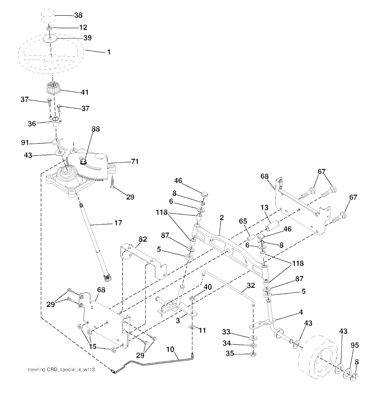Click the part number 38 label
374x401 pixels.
point(78,15)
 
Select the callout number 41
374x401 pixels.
point(85,92)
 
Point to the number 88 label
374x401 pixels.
point(96,129)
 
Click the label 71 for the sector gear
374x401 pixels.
point(135,161)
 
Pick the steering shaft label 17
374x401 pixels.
point(118,223)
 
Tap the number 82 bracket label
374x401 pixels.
point(142,239)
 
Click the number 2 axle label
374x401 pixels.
point(221,217)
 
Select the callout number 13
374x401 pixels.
point(264,207)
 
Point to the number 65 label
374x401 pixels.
point(243,221)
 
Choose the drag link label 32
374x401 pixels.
point(251,285)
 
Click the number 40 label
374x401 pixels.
point(207,287)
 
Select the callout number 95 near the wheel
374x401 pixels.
point(355,345)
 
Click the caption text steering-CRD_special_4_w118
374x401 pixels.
point(61,370)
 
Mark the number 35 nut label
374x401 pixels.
point(230,354)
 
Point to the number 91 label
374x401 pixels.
point(25,143)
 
